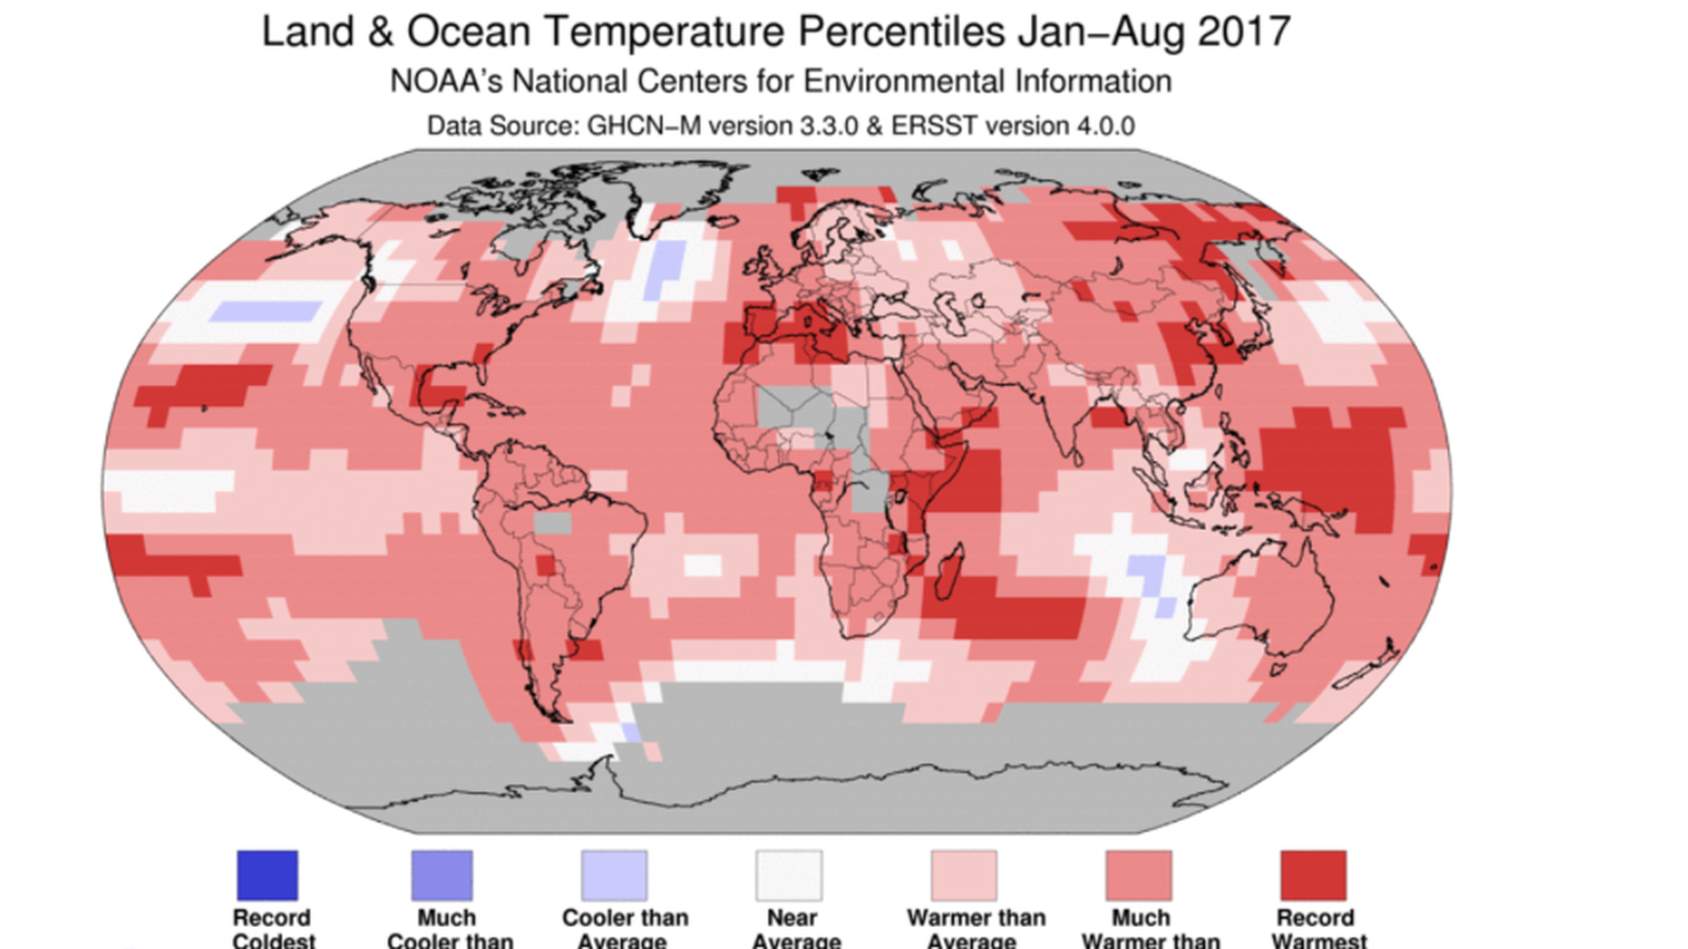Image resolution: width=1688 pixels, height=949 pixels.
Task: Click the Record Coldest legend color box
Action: pos(267,875)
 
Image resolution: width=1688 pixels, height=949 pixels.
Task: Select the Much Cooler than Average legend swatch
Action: pos(442,875)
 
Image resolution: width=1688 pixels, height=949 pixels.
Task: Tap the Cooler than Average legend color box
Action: pos(614,875)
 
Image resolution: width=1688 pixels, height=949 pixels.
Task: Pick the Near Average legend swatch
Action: pos(789,875)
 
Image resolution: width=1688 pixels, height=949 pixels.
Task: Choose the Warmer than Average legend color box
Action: pos(964,875)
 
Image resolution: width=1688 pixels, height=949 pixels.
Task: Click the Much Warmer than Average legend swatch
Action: pos(1139,875)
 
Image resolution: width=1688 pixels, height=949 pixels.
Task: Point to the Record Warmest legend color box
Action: pos(1313,875)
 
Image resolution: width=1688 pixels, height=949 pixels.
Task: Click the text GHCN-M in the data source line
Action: pos(644,127)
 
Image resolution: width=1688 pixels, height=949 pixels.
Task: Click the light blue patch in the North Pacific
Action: pos(267,311)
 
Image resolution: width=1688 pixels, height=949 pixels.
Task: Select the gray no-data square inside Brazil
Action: pos(553,524)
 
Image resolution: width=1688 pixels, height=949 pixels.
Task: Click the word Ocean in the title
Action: pos(469,33)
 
